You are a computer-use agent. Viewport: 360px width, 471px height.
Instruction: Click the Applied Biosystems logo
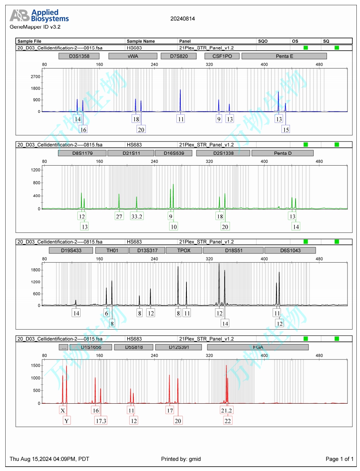39,16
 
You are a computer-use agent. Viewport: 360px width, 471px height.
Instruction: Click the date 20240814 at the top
182,19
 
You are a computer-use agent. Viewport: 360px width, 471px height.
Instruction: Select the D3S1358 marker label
79,56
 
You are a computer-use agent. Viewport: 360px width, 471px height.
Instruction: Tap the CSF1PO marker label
222,56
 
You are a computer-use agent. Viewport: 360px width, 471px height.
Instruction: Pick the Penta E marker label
284,56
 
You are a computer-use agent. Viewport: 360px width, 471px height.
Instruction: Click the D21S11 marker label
130,153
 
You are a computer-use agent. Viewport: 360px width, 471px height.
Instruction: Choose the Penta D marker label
282,153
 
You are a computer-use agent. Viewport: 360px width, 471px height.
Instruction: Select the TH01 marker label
112,250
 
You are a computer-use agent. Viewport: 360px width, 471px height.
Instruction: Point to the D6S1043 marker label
290,250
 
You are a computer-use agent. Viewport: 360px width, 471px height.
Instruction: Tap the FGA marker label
258,347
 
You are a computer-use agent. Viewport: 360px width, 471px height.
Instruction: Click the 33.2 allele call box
137,216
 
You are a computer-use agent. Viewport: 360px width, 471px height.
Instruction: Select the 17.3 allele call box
101,421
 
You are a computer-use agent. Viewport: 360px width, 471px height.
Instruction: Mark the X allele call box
62,410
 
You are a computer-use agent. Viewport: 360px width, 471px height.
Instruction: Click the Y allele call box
67,421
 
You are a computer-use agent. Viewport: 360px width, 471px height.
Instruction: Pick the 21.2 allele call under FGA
226,410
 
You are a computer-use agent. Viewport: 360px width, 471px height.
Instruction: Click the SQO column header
263,41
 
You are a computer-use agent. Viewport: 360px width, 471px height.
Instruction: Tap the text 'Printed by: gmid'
181,459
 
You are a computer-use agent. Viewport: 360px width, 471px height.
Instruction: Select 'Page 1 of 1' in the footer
339,459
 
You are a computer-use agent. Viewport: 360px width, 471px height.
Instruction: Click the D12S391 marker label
178,347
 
